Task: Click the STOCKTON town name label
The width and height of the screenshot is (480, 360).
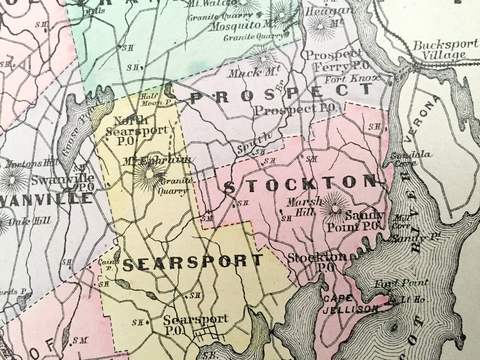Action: click(x=300, y=184)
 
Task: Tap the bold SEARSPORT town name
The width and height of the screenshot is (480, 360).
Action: click(x=192, y=263)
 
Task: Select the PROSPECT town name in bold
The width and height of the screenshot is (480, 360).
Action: click(x=281, y=94)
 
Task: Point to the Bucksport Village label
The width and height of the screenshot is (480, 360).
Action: click(x=445, y=50)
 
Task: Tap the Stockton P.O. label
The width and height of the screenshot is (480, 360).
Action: click(x=317, y=261)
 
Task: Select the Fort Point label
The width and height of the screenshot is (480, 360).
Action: click(x=402, y=283)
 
